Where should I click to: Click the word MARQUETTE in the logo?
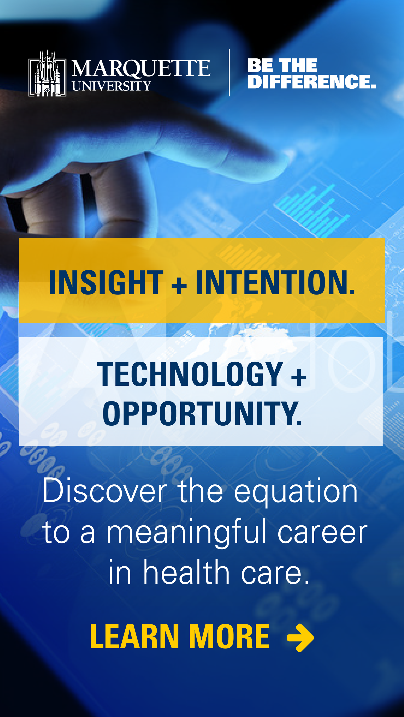[141, 68]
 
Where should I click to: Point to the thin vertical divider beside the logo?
[229, 73]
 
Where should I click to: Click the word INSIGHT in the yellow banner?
[106, 282]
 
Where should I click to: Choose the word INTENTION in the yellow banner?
[275, 282]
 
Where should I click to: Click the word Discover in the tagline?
[105, 491]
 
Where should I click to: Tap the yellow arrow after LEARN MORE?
[300, 638]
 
